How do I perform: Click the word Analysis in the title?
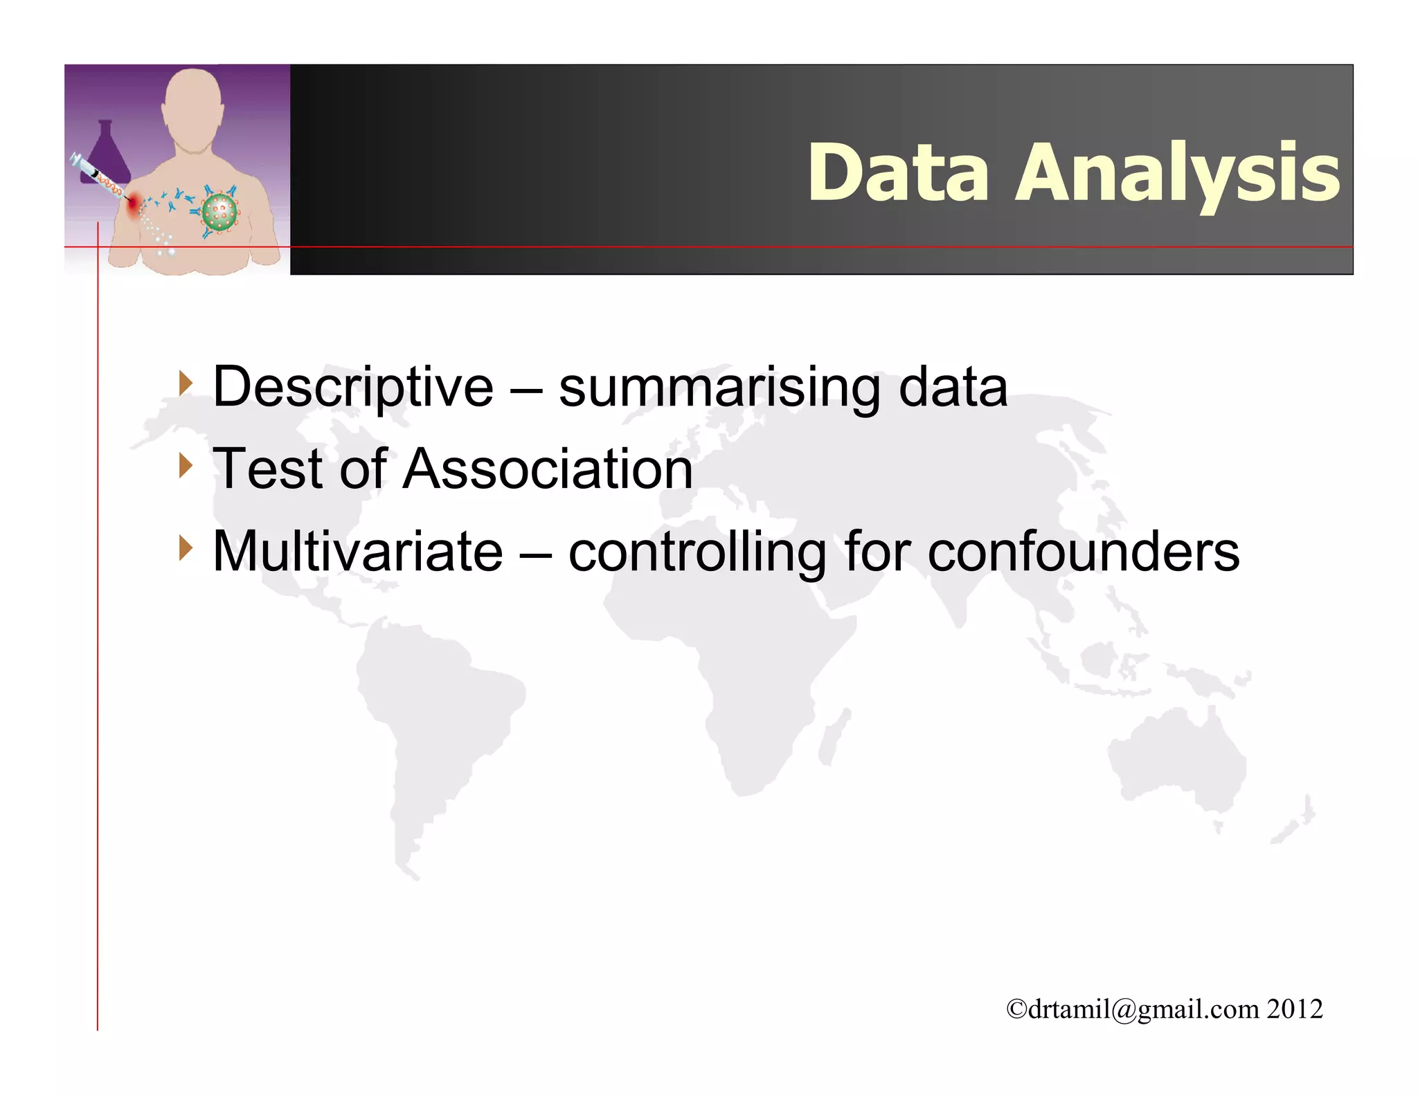coord(1177,173)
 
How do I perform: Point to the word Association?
coord(548,469)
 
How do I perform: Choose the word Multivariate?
coord(357,552)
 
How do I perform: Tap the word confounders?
coord(1083,552)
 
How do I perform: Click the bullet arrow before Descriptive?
coord(185,383)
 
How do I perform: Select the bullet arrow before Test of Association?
coord(185,465)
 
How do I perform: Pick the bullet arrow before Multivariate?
coord(185,547)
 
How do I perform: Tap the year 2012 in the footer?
coord(1295,1009)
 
